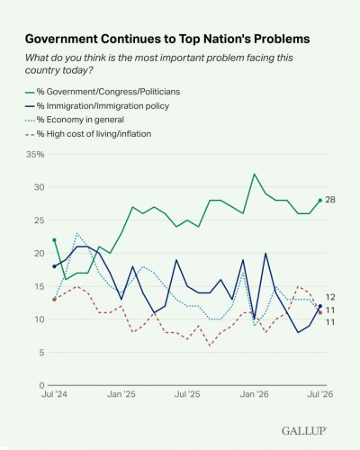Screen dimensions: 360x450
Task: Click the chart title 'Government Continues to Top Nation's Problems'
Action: tap(167, 39)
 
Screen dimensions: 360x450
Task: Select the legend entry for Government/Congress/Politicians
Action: tap(103, 92)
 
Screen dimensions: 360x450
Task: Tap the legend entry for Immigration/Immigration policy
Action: tap(97, 106)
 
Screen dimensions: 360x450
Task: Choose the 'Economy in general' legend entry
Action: tap(75, 120)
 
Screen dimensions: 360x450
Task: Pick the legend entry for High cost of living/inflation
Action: tap(88, 134)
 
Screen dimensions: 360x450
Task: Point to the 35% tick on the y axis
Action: tap(35, 155)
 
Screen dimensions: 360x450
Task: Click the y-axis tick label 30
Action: tap(40, 187)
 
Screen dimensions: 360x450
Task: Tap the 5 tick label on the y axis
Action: tap(41, 353)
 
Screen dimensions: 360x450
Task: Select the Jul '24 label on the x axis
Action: tap(54, 394)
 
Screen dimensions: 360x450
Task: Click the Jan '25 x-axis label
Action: tap(121, 394)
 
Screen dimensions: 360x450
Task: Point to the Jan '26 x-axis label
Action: tap(254, 394)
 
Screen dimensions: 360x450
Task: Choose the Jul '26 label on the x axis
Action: tap(320, 394)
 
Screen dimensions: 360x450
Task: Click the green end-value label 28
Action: tap(330, 200)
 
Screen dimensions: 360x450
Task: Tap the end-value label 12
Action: tap(330, 297)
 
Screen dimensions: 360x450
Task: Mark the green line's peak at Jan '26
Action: tap(255, 174)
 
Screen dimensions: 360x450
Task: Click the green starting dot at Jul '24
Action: tap(54, 240)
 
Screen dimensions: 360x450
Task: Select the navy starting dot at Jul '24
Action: tap(54, 266)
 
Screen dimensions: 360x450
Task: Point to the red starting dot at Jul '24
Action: tap(54, 300)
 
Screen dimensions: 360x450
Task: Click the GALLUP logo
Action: tap(304, 431)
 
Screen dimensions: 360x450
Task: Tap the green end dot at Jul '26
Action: tap(320, 200)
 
